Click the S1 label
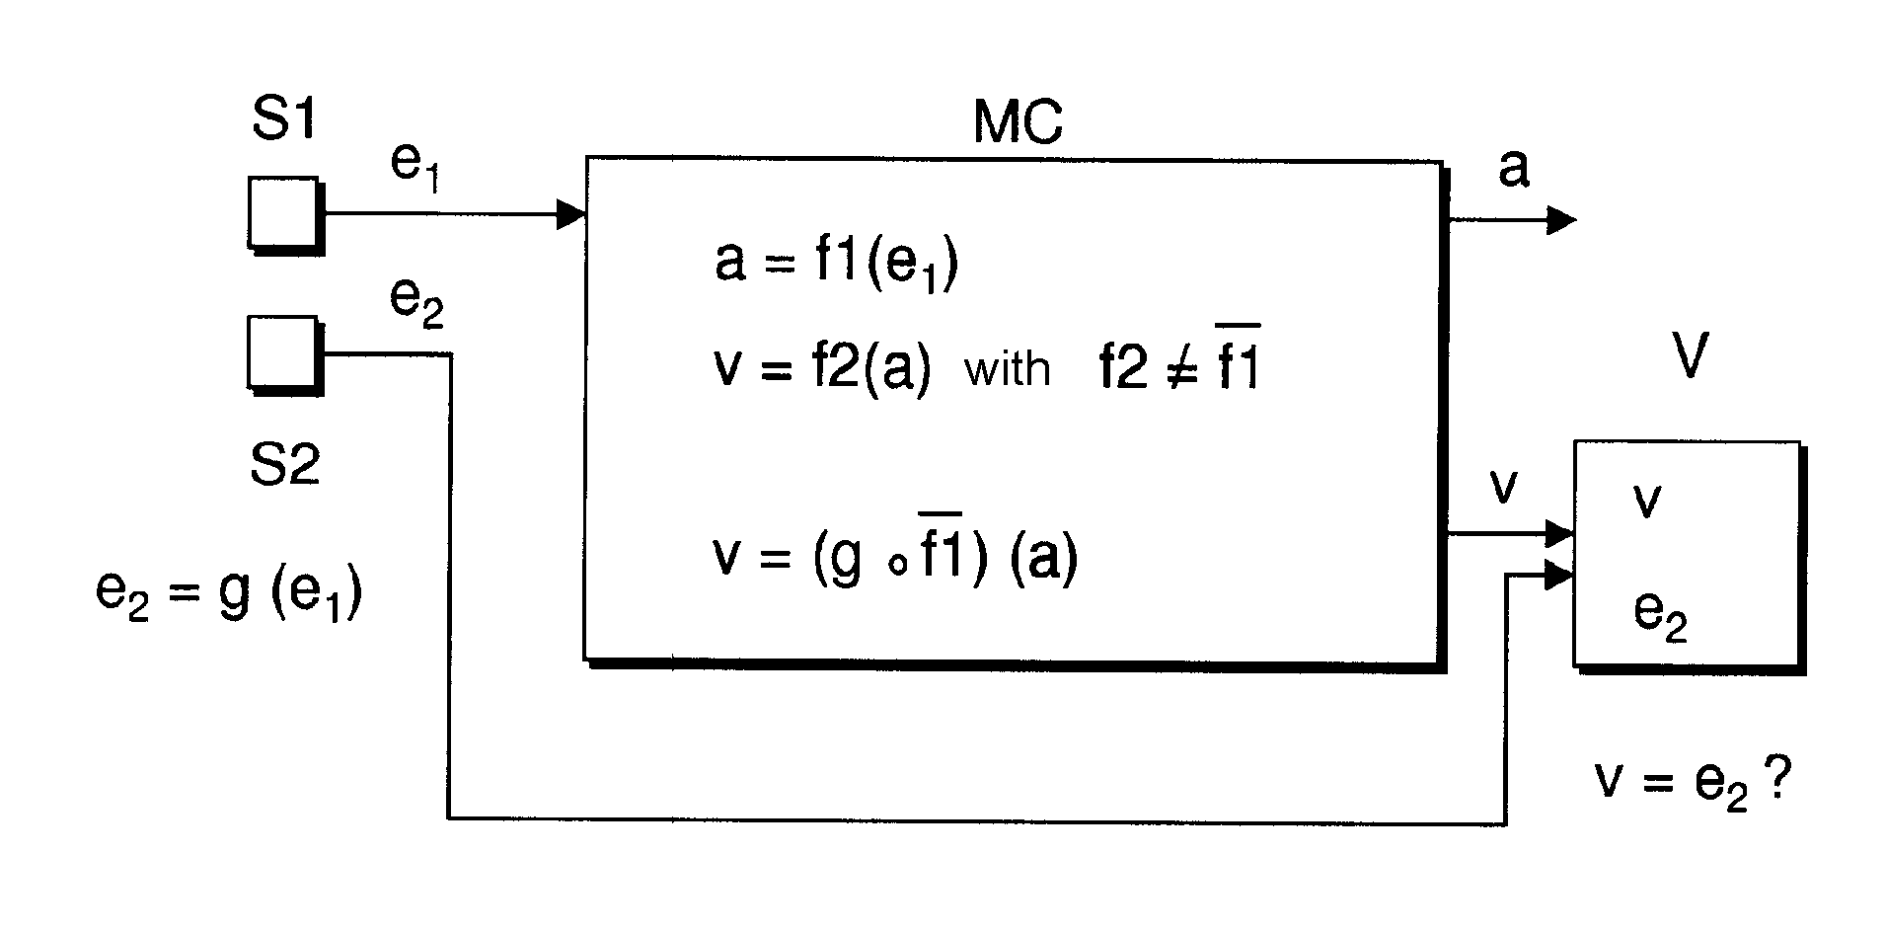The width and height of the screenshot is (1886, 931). point(284,120)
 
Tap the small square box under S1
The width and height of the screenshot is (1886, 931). point(284,213)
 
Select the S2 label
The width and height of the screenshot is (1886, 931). point(285,463)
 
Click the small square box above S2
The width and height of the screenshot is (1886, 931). point(284,353)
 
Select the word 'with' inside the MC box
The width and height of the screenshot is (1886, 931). point(1007,369)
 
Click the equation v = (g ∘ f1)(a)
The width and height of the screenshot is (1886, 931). point(895,556)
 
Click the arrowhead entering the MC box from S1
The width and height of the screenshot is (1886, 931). point(571,213)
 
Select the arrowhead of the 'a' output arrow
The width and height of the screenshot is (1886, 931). point(1561,219)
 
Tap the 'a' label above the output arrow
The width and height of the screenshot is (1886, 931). point(1513,169)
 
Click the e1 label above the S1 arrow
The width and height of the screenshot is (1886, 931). point(415,165)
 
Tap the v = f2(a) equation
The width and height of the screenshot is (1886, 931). point(822,369)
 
